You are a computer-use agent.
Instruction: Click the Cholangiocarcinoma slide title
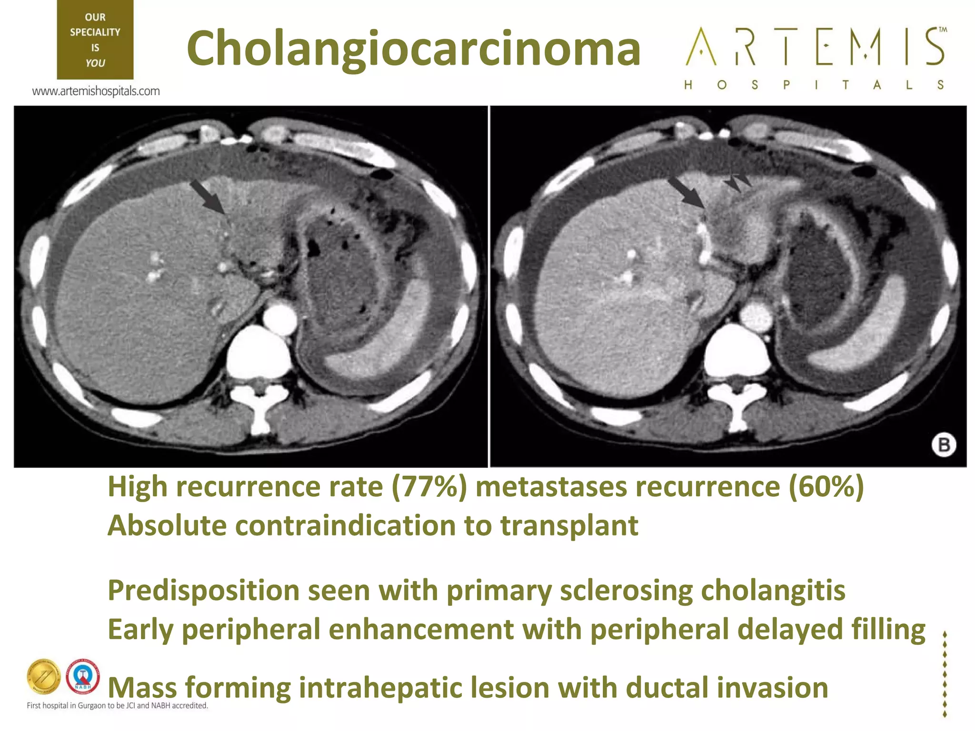click(x=413, y=49)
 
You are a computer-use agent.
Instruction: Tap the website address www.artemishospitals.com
click(x=96, y=91)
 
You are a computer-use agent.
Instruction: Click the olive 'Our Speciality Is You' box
click(x=95, y=40)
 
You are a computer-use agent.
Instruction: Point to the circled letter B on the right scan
click(x=943, y=445)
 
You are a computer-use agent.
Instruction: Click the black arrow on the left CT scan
click(x=207, y=197)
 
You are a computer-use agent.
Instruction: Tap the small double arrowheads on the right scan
click(x=737, y=182)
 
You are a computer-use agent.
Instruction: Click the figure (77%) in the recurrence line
click(x=429, y=487)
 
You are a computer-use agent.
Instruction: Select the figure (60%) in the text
click(x=826, y=487)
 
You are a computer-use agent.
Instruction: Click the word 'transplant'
click(x=569, y=526)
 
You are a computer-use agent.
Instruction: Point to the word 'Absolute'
click(x=167, y=526)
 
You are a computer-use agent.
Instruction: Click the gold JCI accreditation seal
click(x=44, y=677)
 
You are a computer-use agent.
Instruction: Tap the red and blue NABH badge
click(x=83, y=676)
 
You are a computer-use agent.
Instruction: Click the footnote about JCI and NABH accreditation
click(x=117, y=706)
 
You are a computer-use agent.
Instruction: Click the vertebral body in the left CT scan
click(x=259, y=355)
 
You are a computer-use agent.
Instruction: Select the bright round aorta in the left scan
click(x=279, y=318)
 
